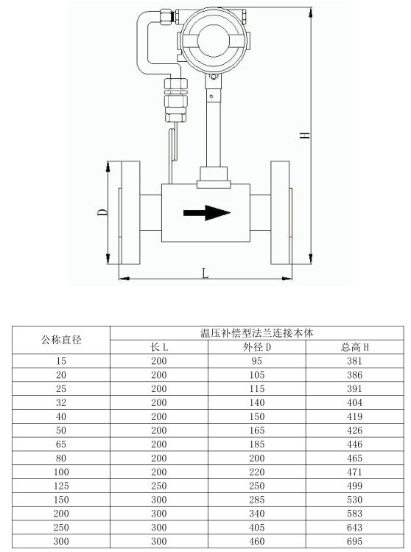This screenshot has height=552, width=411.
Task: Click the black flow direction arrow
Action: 207,213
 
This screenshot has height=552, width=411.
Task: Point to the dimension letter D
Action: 102,212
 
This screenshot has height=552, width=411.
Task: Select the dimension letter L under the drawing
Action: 205,273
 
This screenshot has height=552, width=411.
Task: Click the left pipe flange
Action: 130,213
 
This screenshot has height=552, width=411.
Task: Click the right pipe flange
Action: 281,213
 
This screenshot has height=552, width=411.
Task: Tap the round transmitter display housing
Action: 214,41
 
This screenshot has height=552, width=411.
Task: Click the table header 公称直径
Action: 61,340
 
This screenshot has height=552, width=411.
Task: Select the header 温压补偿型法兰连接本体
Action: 256,333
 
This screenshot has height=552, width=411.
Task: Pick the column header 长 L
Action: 158,347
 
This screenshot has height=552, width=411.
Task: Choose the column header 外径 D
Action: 257,347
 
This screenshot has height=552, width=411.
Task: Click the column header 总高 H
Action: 355,347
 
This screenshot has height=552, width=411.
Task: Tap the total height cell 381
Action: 354,361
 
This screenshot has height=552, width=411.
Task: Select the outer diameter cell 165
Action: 257,430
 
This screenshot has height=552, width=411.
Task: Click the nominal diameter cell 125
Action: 61,486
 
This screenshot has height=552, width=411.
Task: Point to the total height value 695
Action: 354,541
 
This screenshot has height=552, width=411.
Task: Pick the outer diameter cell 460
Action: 257,541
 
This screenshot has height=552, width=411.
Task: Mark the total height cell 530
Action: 354,500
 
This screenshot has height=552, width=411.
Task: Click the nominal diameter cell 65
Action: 61,444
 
